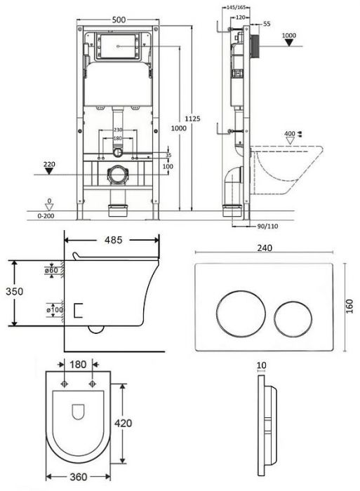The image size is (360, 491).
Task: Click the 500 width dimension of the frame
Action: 119,20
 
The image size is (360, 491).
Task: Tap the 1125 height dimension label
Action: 192,119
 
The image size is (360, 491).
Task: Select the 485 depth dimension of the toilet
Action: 113,240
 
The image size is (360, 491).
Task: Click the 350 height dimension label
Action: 15,291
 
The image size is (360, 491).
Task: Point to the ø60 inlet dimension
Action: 51,270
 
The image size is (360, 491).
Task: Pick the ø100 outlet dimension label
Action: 55,310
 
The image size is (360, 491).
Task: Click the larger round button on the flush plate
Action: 241,314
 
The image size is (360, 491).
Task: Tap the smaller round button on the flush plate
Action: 293,319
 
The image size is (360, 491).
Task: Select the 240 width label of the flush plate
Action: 265,248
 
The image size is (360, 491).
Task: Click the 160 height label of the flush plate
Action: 349,307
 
